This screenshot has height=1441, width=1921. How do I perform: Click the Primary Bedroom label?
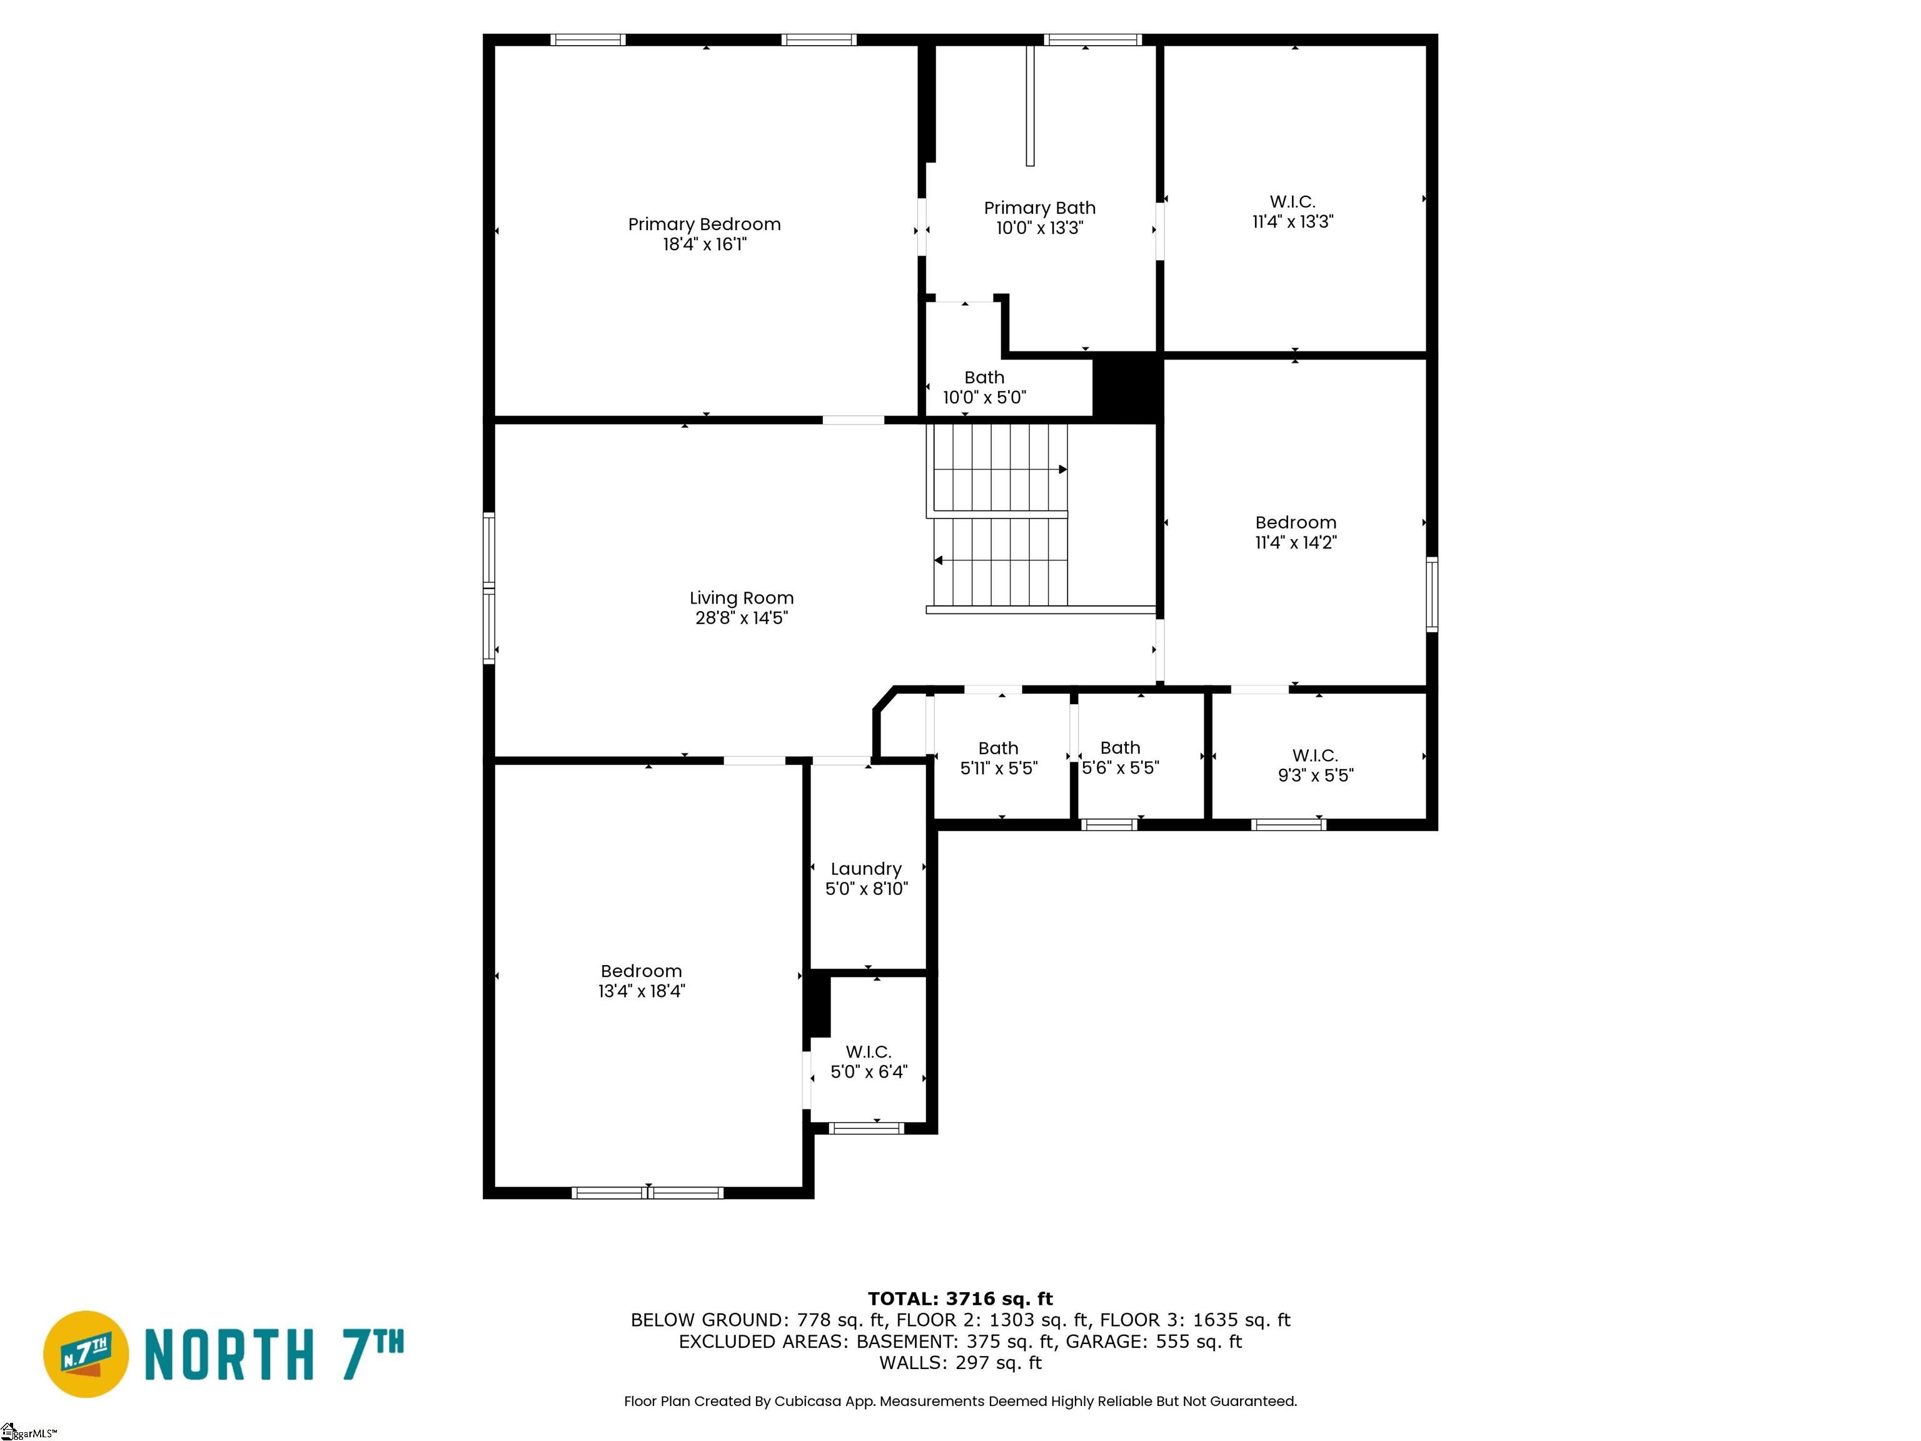click(704, 224)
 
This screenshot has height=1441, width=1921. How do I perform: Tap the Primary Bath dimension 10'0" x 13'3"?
click(1039, 228)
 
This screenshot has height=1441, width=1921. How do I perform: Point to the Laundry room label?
click(866, 869)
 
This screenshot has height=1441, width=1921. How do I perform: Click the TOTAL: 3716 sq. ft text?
click(960, 1298)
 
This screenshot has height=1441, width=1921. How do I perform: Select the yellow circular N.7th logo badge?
click(86, 1354)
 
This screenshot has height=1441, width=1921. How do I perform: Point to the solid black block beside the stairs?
click(1126, 387)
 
